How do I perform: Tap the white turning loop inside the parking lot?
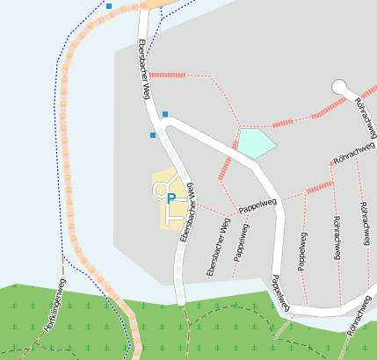160,188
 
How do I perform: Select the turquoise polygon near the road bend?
255,143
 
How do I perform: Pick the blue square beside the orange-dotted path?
109,6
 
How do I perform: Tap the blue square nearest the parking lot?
153,135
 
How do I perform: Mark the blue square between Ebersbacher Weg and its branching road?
164,114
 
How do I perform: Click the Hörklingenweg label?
55,305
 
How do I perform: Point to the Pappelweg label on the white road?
279,292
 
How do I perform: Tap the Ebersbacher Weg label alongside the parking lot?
186,214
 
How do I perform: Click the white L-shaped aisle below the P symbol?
174,212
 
